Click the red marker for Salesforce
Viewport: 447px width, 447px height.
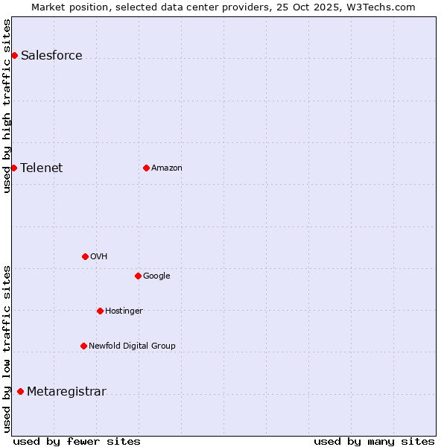14,55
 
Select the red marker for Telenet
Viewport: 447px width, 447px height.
13,168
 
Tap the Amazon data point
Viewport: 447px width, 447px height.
146,168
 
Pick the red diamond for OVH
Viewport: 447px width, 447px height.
85,256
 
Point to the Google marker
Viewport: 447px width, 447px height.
138,276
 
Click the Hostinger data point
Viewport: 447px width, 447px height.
100,311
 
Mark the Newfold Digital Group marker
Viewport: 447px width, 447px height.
83,346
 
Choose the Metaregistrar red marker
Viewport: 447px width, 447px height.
20,392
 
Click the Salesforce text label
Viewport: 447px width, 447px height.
51,56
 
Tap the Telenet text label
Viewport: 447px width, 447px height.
42,168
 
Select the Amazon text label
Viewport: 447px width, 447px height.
167,168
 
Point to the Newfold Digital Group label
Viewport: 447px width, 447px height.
132,346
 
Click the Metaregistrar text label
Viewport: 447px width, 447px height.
66,392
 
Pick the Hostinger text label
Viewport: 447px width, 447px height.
124,311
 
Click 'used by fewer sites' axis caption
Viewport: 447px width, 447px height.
77,441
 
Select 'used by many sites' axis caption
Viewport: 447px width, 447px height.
374,441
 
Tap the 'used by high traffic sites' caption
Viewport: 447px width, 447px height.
7,106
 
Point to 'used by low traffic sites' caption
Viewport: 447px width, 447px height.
7,349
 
